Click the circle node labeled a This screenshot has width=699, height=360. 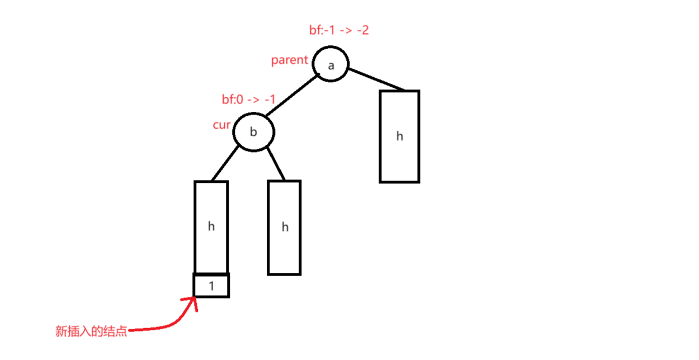[330, 65]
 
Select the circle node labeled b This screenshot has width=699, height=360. [254, 132]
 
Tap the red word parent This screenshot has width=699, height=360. [290, 60]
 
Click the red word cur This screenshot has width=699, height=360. [221, 125]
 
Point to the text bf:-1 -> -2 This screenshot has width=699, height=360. [339, 30]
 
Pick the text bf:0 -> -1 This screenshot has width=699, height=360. [249, 100]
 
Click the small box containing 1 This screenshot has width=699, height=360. [211, 286]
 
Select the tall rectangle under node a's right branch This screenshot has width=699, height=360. [399, 136]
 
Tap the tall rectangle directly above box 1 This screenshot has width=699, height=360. [211, 227]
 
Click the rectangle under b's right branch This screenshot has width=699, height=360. [285, 227]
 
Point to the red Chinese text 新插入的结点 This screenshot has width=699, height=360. [91, 331]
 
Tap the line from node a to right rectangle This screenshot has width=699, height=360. [376, 78]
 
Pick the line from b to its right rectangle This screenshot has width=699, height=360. [276, 164]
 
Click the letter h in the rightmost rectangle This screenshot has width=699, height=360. [399, 136]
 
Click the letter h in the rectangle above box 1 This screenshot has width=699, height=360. [211, 226]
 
